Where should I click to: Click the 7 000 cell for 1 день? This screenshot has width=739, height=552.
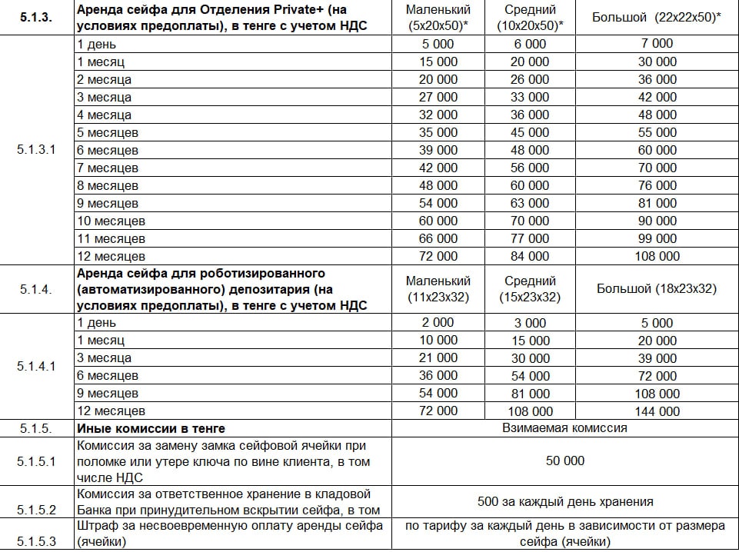657,44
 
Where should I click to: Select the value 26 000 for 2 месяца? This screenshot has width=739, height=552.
531,79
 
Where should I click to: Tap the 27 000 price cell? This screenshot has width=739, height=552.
438,97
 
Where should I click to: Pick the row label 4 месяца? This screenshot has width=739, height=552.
105,115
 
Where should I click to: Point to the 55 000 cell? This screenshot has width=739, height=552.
657,132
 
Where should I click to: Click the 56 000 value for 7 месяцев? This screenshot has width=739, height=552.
531,168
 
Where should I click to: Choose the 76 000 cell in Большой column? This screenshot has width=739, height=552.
657,185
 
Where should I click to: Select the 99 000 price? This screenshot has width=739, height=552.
657,238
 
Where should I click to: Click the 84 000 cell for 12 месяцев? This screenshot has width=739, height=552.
531,256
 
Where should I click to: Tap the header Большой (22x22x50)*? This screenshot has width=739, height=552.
657,17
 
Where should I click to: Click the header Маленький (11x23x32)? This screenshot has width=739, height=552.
438,289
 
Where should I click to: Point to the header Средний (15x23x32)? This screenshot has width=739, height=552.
531,289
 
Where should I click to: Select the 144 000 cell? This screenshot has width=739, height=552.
657,411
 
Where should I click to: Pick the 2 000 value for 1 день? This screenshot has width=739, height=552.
438,323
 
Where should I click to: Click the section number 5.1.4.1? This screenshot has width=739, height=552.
37,367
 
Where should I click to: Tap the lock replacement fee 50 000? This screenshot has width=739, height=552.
565,461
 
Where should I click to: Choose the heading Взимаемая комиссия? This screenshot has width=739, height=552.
565,428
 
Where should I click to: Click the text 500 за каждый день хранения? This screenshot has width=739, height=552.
565,501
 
